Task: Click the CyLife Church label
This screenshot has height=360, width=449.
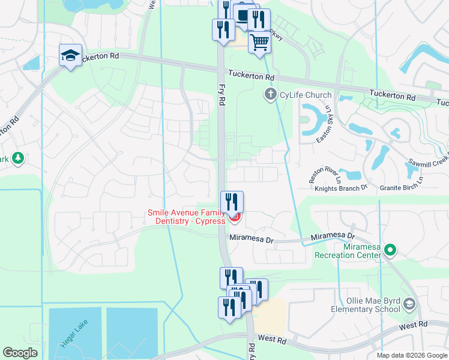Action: coord(306,95)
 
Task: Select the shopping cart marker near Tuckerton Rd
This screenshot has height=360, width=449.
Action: coord(259,42)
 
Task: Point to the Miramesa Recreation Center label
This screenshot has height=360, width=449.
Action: coord(348,251)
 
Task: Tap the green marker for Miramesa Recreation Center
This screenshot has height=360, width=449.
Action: coord(390,249)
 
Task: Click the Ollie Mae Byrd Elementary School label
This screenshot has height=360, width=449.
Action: coord(365,304)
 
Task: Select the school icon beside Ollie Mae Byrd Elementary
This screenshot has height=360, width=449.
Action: coord(410,304)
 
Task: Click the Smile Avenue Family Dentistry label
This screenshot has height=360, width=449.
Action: coord(186,217)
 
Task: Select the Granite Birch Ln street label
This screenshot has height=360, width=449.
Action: coord(401,188)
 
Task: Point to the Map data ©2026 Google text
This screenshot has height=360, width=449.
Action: coord(412,355)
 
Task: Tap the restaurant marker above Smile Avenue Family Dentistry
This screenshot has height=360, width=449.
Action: coord(232,202)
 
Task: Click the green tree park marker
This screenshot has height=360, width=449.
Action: coord(18,158)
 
